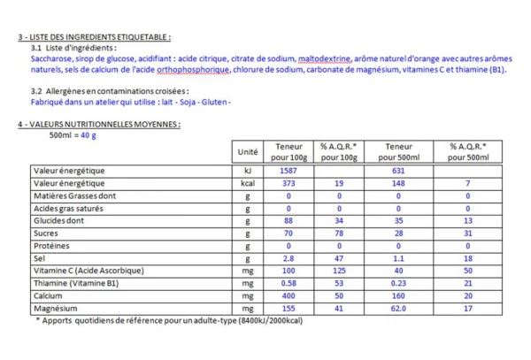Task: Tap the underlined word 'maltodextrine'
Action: [x=325, y=58]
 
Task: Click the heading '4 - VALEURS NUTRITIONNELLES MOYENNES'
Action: [x=98, y=124]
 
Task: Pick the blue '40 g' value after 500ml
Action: [x=88, y=135]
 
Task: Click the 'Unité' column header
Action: [x=249, y=152]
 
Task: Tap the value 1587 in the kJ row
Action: [x=288, y=170]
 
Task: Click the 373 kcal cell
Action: [x=288, y=183]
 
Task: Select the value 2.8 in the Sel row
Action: [x=288, y=258]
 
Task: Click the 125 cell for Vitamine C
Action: [x=336, y=271]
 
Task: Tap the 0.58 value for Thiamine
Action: [x=288, y=284]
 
